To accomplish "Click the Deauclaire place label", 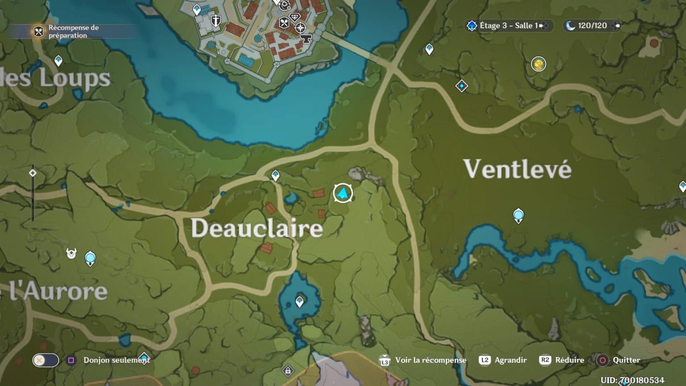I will coord(257,228).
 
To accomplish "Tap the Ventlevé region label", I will coord(517,169).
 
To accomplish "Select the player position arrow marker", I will coord(343,193).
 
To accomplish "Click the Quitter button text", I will coord(626,360).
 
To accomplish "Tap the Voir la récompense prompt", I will coord(430,360).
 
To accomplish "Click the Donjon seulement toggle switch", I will coord(46,360).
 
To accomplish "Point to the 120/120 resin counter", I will coord(592,26).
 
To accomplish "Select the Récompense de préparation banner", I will coord(67,31).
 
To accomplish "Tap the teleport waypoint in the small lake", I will coord(300,302).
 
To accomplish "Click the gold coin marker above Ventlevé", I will coord(539,64).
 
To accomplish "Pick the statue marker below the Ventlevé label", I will coord(518,215).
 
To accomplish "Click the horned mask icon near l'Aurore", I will coord(71,254).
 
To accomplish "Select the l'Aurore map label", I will coord(58,291).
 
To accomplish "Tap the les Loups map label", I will coord(56,78).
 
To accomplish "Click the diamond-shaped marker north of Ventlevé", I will coord(461,86).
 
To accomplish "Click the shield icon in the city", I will coord(216,21).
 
